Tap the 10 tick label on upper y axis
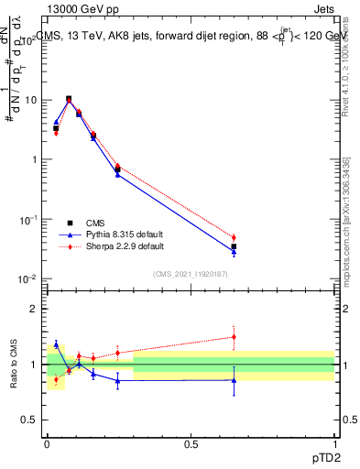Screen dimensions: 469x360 click(x=31, y=100)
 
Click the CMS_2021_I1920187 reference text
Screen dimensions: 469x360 click(x=190, y=274)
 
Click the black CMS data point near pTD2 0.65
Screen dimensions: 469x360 click(x=234, y=246)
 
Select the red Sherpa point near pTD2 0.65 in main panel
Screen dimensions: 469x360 click(x=234, y=237)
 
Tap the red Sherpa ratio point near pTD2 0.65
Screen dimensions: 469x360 click(x=234, y=336)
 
